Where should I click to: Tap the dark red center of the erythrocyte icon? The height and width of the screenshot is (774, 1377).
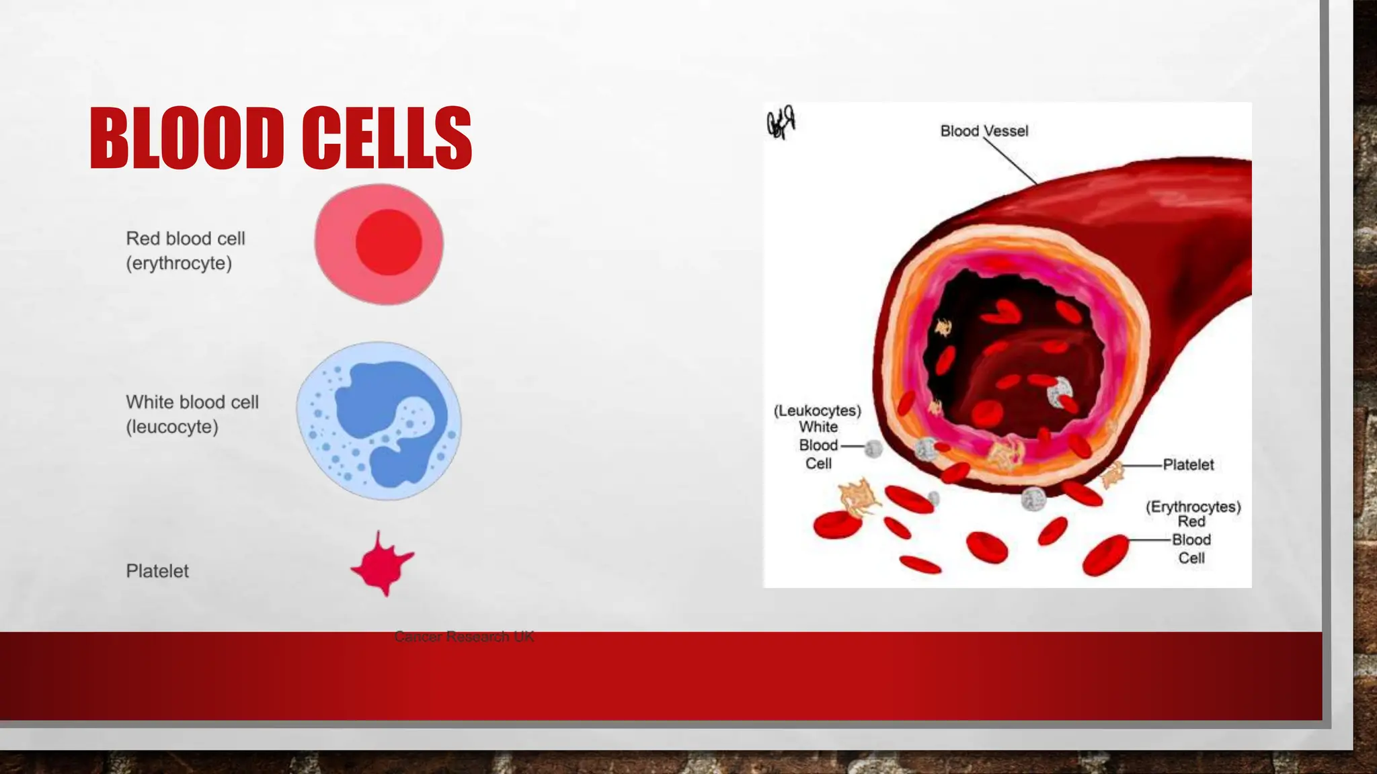(389, 242)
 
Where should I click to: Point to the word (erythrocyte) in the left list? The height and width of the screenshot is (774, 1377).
(179, 263)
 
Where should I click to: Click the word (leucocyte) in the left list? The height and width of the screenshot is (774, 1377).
(172, 427)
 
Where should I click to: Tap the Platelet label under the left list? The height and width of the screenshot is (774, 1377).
(157, 571)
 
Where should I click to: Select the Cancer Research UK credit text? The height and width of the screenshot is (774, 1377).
(464, 636)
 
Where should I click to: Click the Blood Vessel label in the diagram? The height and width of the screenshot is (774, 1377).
(984, 131)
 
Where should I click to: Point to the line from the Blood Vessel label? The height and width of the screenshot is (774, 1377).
(1011, 161)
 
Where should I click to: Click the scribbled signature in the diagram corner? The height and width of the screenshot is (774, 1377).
(781, 122)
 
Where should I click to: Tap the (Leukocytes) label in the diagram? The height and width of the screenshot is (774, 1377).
(817, 411)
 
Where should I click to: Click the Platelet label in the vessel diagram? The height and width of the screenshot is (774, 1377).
(1188, 465)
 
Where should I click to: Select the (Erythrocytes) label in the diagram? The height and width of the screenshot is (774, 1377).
(1193, 507)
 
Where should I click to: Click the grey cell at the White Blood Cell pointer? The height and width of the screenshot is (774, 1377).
(873, 449)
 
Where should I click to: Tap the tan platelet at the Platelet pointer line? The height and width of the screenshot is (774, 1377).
(1113, 475)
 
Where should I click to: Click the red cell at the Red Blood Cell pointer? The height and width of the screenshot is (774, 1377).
(1104, 554)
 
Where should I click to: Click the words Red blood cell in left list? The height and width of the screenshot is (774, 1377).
(186, 239)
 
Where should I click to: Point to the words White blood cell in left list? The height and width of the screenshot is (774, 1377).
(192, 402)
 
